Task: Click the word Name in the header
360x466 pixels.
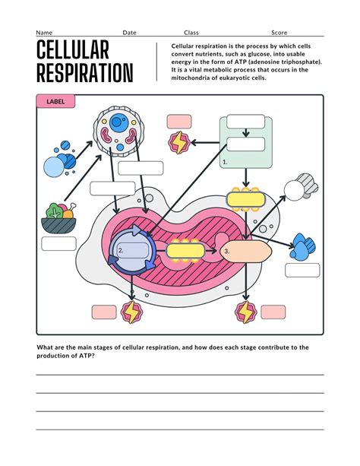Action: (44, 33)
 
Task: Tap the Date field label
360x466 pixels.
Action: (130, 33)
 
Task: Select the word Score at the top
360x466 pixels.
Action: (279, 33)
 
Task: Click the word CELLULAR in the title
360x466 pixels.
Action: (73, 52)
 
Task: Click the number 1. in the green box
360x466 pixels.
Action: (226, 162)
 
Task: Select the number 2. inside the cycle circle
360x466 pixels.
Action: (121, 250)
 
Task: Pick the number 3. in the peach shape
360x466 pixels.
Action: (226, 250)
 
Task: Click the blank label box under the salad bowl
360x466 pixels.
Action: (58, 244)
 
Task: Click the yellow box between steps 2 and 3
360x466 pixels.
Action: (185, 249)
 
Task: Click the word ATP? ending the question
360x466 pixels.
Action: (86, 355)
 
